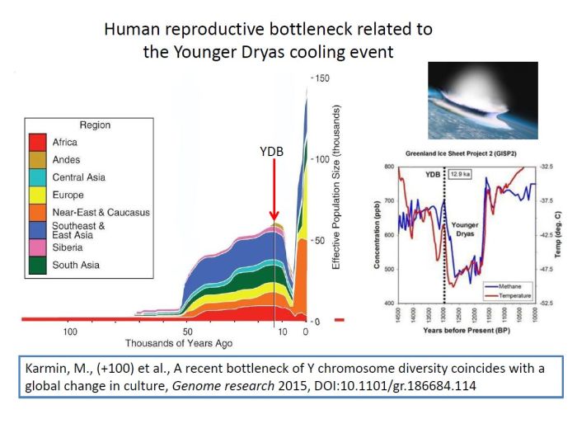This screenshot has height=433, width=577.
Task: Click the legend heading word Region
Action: pos(95,125)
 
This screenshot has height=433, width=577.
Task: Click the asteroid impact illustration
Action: pos(482,100)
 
